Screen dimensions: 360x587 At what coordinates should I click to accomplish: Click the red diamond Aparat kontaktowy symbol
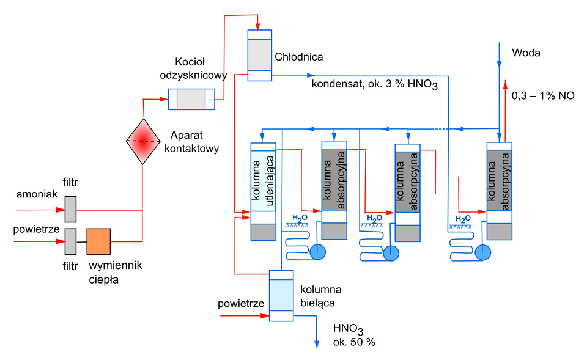click(x=142, y=141)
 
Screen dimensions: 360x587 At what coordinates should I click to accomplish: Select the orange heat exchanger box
click(x=98, y=241)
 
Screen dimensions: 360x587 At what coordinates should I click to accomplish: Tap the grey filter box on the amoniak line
click(x=70, y=209)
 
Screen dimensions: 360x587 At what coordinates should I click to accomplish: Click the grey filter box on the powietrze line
click(x=70, y=241)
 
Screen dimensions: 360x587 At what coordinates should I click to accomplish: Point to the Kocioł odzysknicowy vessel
click(x=191, y=99)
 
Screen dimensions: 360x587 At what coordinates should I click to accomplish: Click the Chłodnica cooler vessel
click(x=259, y=54)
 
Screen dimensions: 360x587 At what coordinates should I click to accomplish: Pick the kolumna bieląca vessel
click(x=281, y=295)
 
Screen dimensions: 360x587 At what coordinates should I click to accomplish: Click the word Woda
click(x=526, y=53)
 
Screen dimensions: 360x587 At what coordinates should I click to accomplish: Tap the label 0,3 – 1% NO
click(x=542, y=96)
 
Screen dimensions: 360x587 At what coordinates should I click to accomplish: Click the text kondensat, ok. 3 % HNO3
click(x=374, y=84)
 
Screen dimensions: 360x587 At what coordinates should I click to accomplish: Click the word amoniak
click(x=37, y=194)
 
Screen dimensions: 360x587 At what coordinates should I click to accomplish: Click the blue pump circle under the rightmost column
click(x=483, y=251)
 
